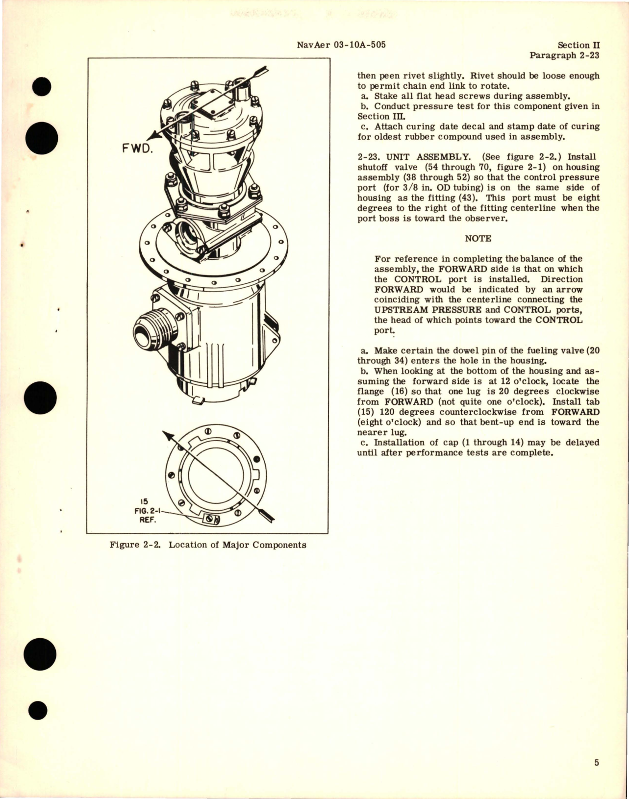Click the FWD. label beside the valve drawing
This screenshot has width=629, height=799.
(x=138, y=148)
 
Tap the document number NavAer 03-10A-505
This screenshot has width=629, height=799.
(x=341, y=45)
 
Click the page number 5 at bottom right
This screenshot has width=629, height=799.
(x=596, y=762)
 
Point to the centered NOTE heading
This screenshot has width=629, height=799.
(x=478, y=238)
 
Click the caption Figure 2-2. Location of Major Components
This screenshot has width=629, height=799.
(x=208, y=545)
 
